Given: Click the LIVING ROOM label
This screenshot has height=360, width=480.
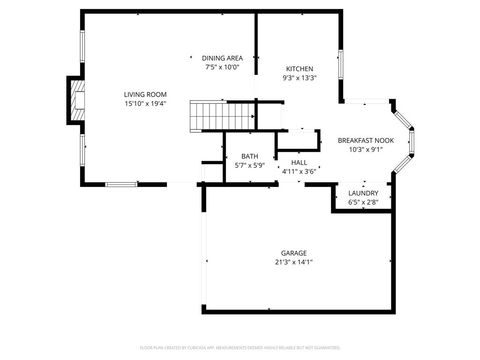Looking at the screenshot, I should pos(145,95).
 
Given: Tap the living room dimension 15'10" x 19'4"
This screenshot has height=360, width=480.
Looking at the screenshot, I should pos(145,103).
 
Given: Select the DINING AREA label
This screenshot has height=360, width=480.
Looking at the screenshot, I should pos(222,58).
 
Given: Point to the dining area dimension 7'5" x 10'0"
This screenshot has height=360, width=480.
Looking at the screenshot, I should pos(222,67).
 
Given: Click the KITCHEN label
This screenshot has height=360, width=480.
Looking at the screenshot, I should pos(300,69).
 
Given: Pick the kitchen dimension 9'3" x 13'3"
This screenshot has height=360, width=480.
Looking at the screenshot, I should pos(300,78).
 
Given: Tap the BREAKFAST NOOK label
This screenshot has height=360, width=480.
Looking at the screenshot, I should pos(366,141).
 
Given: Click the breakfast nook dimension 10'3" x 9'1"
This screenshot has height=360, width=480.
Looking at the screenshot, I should pos(366,150).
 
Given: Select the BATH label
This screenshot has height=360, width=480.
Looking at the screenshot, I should pos(249,157).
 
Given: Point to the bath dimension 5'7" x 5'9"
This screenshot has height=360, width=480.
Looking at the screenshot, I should pos(249,165).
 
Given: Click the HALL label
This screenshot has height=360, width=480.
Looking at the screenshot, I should pos(299,163).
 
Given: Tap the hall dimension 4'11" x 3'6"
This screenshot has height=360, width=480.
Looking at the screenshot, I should pos(299,171).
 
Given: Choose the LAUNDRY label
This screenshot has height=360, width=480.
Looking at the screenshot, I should pos(363,193).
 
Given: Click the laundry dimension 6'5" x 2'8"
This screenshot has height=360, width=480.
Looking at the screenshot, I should pos(363,202).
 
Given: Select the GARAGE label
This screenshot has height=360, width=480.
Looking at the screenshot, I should pos(294,253).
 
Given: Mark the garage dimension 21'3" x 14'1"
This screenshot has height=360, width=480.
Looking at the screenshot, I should pos(294,262).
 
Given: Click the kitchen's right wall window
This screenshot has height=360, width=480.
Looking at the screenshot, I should pos(341,65).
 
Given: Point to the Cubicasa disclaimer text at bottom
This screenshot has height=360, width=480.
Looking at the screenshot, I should pos(240,348).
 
